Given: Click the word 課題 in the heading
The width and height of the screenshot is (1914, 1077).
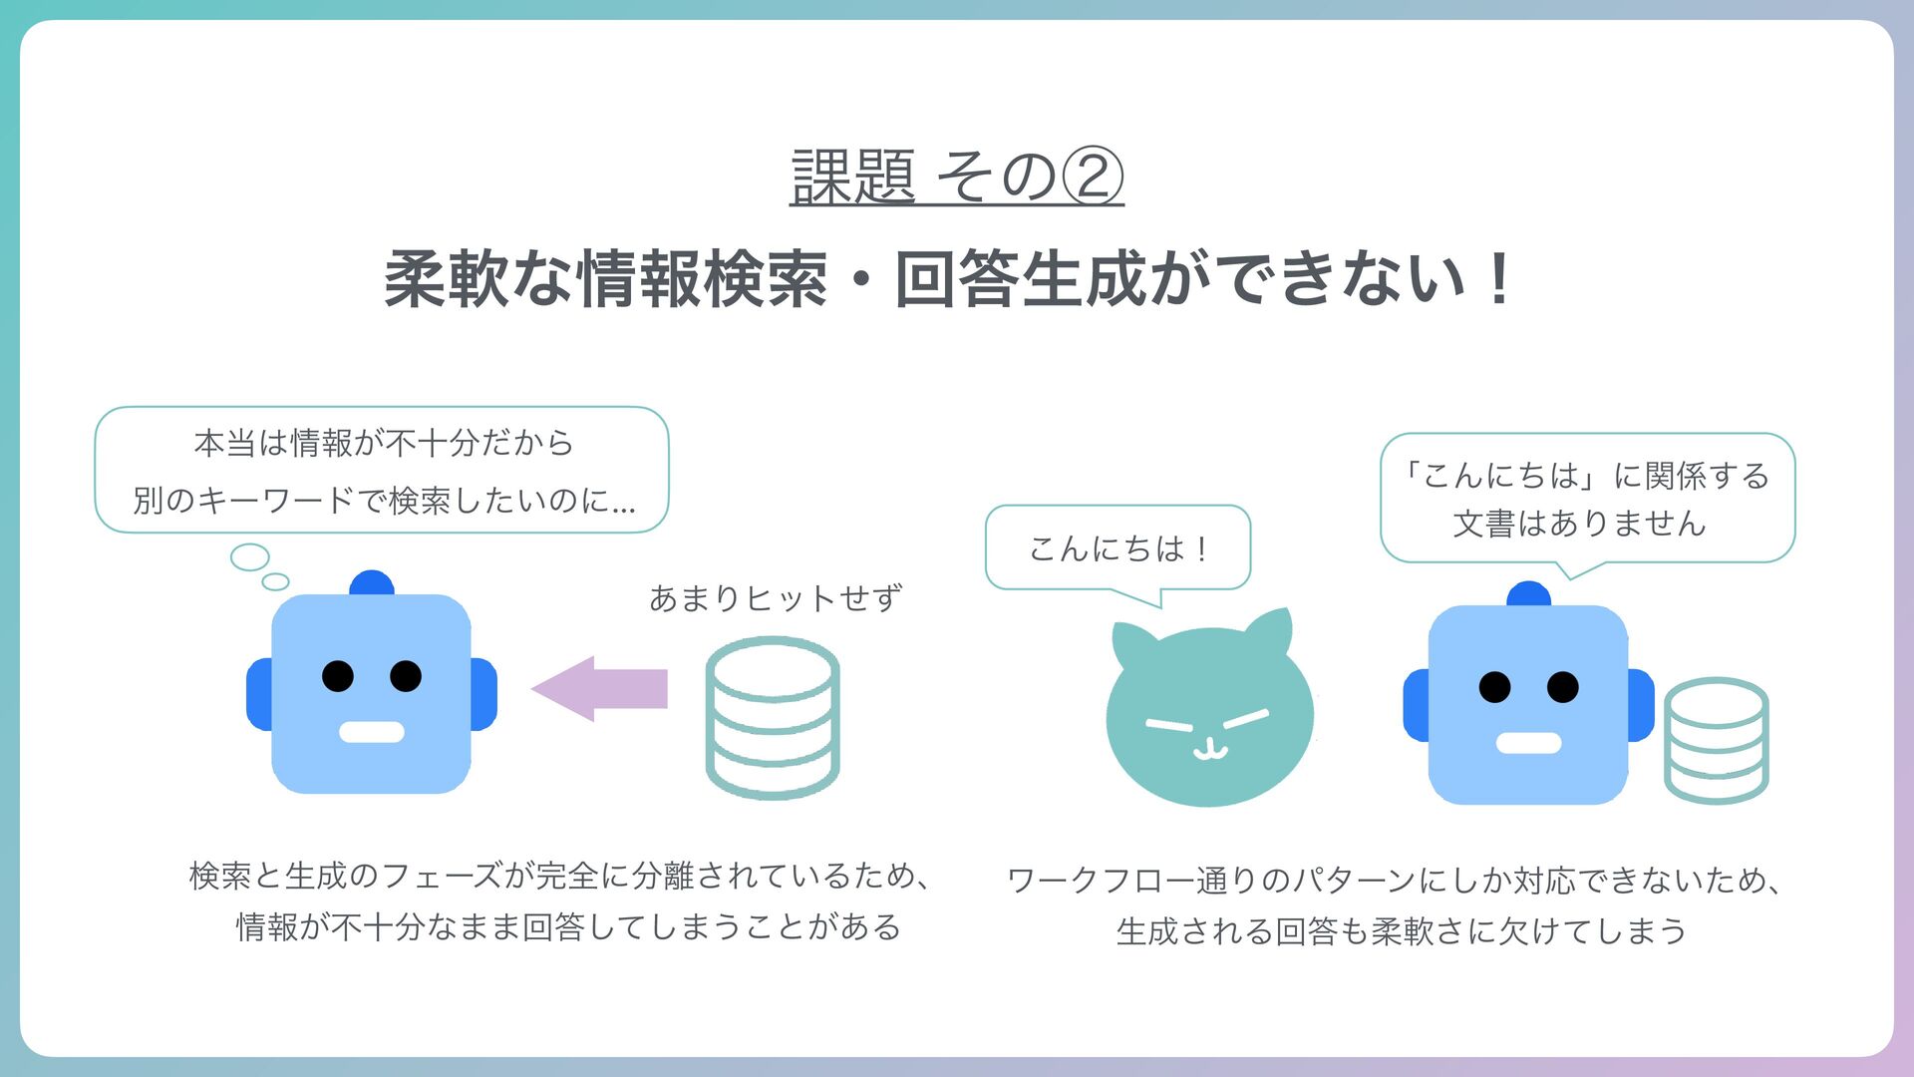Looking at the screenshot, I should (853, 178).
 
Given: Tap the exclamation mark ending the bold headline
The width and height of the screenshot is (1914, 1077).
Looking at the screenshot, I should (1497, 279).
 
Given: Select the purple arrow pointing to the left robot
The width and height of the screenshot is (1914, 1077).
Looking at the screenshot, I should (600, 688).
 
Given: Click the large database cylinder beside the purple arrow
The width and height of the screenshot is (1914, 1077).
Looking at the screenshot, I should (773, 718).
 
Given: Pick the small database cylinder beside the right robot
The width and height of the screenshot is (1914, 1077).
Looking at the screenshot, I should (1716, 740).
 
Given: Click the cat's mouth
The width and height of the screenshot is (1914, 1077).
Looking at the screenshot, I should (1209, 749).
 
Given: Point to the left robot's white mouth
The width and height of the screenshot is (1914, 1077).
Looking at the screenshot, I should (372, 732).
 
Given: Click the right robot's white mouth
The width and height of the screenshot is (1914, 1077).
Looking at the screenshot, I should (1528, 743).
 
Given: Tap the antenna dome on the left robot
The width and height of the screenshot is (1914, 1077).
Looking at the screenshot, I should (372, 583).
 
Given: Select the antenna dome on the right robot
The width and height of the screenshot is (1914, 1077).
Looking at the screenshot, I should (1528, 594).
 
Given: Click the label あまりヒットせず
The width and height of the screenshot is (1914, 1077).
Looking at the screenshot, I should (776, 598).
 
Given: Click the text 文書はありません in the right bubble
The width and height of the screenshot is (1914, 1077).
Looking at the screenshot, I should (1580, 524).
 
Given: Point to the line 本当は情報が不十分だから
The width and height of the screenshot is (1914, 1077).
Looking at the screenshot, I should (384, 443).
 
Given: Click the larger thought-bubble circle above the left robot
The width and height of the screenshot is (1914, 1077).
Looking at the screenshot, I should (249, 556).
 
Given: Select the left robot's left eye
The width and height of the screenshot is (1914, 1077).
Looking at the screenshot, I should (338, 676).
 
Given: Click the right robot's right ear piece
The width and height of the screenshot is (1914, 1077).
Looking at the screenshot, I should (1641, 705).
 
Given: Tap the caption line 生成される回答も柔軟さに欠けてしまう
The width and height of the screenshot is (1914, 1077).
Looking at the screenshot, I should (1401, 931).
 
